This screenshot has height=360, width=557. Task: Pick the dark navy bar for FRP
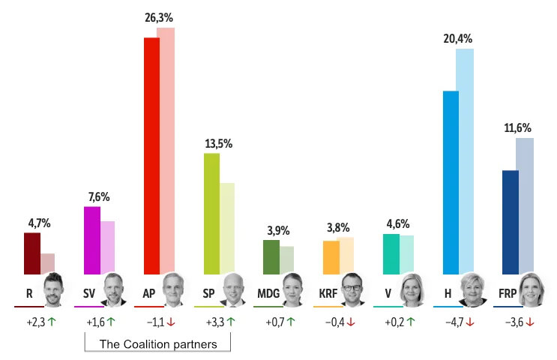pyautogui.click(x=510, y=222)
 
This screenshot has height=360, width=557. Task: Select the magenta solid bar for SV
pyautogui.click(x=91, y=241)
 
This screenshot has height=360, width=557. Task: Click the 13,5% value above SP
pyautogui.click(x=219, y=143)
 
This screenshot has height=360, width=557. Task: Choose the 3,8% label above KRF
pyautogui.click(x=339, y=228)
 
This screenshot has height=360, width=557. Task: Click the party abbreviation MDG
pyautogui.click(x=268, y=293)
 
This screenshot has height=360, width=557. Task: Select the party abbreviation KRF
pyautogui.click(x=328, y=293)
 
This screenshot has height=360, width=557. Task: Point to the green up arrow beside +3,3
pyautogui.click(x=231, y=322)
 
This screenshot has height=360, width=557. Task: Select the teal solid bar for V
pyautogui.click(x=391, y=254)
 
